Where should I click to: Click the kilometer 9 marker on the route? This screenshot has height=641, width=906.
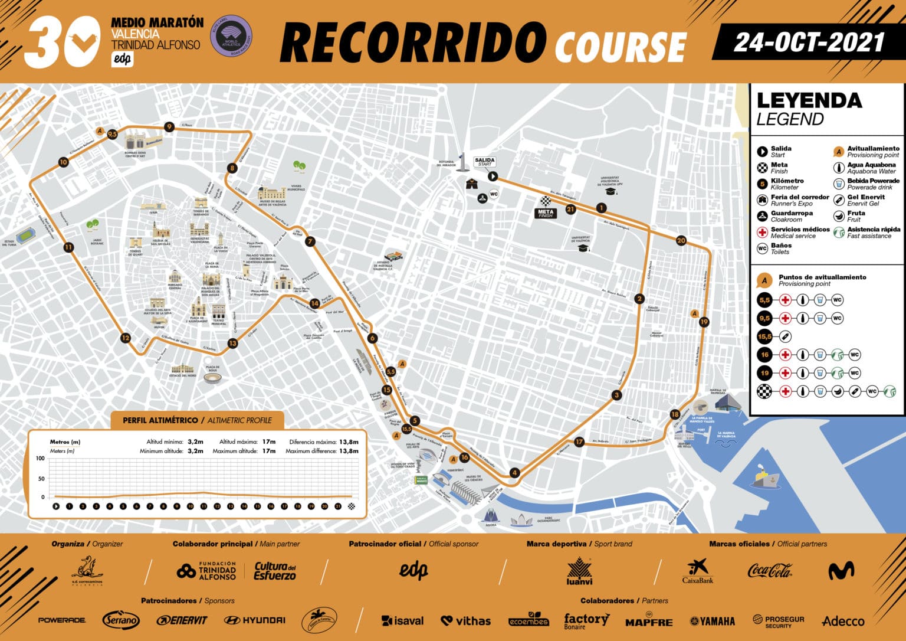(x=169, y=126)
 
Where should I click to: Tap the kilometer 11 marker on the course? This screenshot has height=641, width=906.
(x=69, y=247)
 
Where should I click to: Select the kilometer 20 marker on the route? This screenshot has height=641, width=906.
(x=681, y=240)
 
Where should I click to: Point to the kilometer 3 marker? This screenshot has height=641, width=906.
(x=617, y=395)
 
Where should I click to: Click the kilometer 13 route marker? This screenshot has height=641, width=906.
(x=232, y=343)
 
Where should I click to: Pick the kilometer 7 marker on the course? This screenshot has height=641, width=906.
(x=310, y=241)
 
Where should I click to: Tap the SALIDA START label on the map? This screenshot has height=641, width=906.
(x=484, y=161)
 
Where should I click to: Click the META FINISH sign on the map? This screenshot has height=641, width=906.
(x=546, y=212)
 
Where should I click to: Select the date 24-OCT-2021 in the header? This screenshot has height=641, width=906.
(x=809, y=42)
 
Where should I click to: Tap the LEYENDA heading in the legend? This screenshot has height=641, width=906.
(x=809, y=101)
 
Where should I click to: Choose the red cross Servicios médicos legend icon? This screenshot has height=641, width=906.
(x=762, y=233)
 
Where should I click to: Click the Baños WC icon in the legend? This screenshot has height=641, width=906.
(x=762, y=248)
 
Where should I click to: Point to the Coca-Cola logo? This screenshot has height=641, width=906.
(x=770, y=571)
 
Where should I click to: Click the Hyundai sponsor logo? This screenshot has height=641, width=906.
(x=255, y=620)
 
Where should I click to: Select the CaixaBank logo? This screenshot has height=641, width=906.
(x=698, y=571)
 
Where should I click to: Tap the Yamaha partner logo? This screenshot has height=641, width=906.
(x=713, y=621)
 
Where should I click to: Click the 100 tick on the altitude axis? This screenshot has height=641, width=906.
(x=40, y=459)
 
